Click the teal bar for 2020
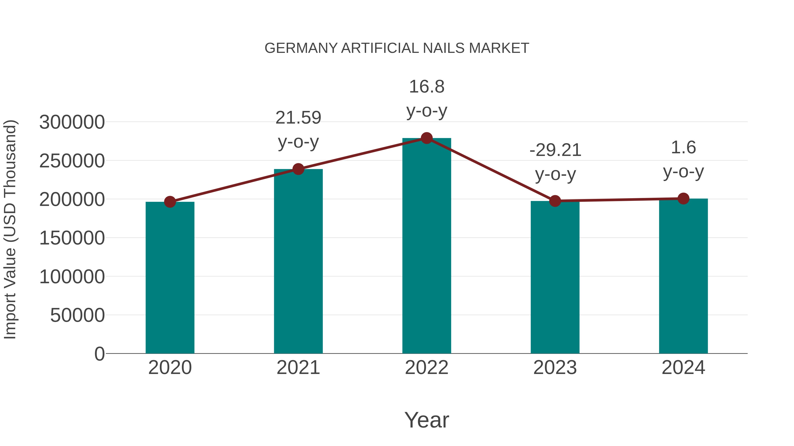point(170,277)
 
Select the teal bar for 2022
point(427,246)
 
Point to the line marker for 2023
point(555,201)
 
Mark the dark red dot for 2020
point(170,202)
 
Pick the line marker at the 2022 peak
point(427,138)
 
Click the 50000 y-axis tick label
point(77,315)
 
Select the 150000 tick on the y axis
point(72,238)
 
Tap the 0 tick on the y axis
point(99,354)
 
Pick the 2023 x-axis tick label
point(555,368)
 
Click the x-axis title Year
point(427,420)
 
